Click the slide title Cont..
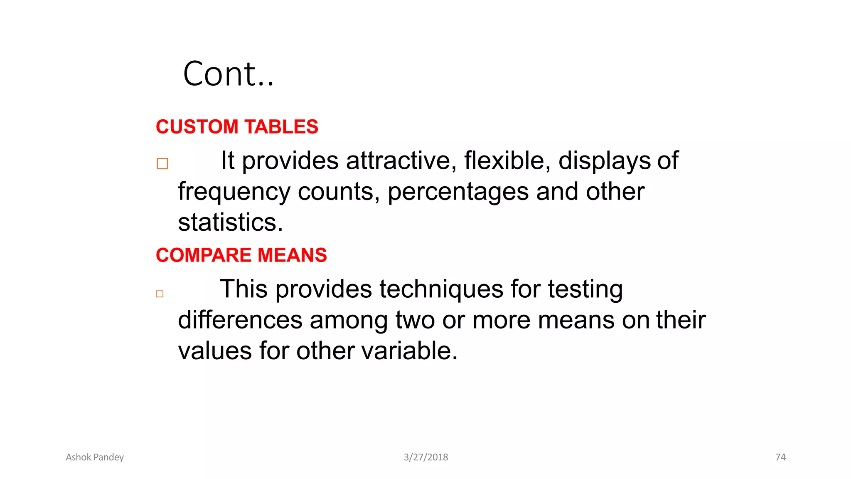(228, 74)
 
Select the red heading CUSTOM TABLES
(237, 127)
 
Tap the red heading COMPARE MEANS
(241, 255)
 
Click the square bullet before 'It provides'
(162, 164)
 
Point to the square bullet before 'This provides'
(160, 294)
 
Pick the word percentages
(458, 193)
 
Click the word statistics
(230, 222)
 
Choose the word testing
(585, 290)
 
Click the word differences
(240, 320)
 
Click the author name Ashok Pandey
(95, 457)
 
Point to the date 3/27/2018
(426, 457)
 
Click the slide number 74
(780, 457)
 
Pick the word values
(215, 351)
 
